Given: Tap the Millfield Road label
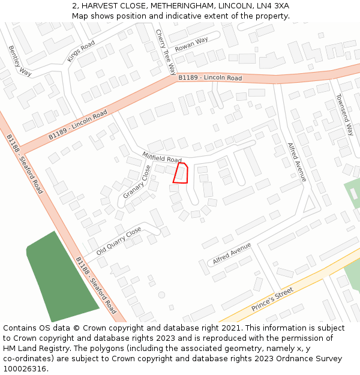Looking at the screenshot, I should [x=162, y=157].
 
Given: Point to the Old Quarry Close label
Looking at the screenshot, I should [x=119, y=241].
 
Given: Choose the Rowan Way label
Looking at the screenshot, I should [x=191, y=44].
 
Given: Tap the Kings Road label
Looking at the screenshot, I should [x=81, y=52].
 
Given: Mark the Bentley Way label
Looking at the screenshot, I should [x=20, y=61].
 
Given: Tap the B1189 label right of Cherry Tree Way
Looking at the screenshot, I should [x=210, y=78].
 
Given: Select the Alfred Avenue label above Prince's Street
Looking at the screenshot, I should [x=232, y=254].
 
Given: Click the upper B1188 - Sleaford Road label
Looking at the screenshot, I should [x=25, y=163].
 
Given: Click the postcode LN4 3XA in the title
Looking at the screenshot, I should [x=270, y=5].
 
